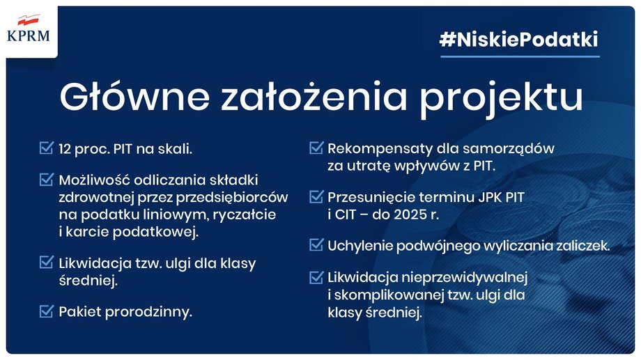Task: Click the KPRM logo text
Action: [x=29, y=36]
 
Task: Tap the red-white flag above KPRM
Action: [x=29, y=19]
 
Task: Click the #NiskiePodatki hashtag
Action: [x=519, y=40]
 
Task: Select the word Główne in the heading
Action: [x=134, y=96]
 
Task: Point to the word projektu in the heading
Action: [x=501, y=100]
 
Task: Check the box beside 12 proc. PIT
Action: [x=46, y=148]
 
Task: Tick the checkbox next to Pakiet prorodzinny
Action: [x=46, y=311]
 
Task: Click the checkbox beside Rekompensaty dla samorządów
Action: [x=316, y=147]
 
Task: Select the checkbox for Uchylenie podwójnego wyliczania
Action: [x=316, y=244]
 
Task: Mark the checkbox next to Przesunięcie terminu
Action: [x=316, y=196]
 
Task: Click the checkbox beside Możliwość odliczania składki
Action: [x=46, y=179]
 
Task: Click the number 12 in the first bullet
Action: [x=65, y=149]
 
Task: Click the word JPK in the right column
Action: [x=490, y=198]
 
